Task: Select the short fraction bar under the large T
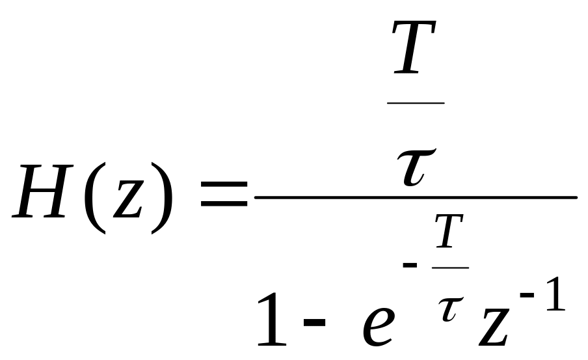coord(416,103)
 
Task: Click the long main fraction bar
coord(416,196)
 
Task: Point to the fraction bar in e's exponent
coord(450,268)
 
